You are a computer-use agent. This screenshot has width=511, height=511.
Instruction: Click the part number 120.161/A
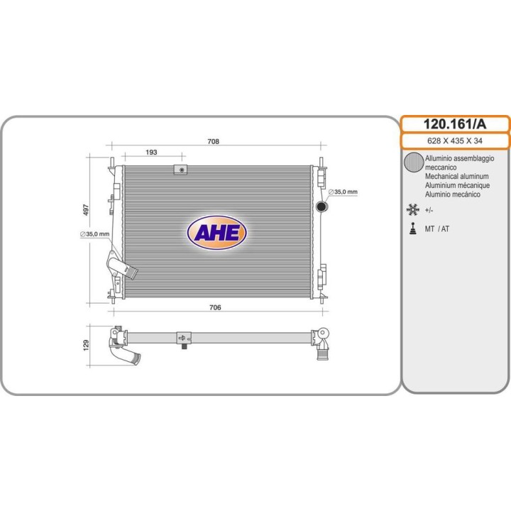[x=455, y=124]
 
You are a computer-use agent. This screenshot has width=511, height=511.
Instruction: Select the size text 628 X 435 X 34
[x=455, y=141]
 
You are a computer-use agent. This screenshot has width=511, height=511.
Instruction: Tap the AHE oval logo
[x=216, y=231]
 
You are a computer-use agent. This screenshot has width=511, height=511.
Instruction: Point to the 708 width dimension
[x=213, y=141]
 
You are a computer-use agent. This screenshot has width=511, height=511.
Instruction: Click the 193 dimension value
[x=151, y=153]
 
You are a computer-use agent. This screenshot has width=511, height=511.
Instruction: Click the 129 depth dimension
[x=86, y=344]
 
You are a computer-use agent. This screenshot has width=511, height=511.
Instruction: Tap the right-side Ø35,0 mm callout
[x=345, y=192]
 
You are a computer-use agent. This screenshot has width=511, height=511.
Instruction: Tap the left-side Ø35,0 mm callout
[x=94, y=233]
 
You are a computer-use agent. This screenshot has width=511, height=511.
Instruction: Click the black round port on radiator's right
[x=321, y=207]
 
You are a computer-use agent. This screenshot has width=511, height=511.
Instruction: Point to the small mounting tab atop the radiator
[x=181, y=170]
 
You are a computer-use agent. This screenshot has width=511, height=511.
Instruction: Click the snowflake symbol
[x=412, y=210]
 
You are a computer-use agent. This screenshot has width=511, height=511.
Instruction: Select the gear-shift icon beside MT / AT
[x=412, y=229]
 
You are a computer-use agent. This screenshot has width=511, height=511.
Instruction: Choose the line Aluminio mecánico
[x=453, y=194]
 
